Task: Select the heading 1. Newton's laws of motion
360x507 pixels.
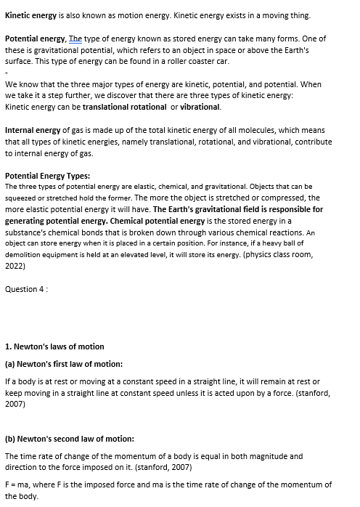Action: coord(54,346)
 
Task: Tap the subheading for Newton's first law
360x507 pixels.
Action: coord(64,364)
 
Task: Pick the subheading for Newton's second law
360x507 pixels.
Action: coord(70,439)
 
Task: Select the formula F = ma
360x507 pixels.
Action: coord(18,484)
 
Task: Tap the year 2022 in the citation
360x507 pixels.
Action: coord(15,267)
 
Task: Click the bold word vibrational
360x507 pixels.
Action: coord(198,107)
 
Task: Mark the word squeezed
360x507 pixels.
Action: coord(22,198)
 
